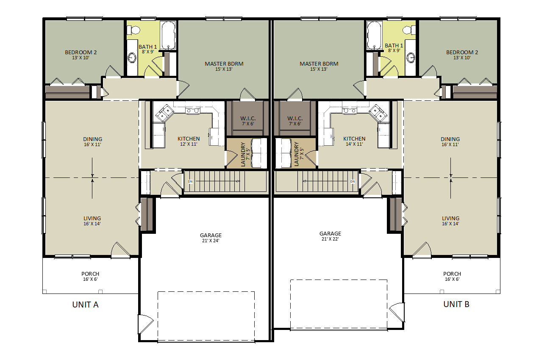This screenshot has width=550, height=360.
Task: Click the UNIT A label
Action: pos(85,305)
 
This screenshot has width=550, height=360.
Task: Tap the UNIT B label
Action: pos(456,304)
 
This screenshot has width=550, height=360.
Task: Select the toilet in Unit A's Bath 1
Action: pos(134,30)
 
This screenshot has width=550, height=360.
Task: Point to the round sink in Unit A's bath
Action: pos(132,58)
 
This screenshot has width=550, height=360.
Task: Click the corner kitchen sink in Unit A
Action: pos(164,113)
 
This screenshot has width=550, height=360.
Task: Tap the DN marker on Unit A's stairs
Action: pos(190,182)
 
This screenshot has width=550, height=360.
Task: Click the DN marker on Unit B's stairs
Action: pos(353,182)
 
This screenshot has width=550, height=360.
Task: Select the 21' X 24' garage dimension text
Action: pos(211,241)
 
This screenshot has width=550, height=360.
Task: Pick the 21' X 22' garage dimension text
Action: pos(330,239)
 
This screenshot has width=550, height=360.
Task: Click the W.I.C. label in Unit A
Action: pos(248,119)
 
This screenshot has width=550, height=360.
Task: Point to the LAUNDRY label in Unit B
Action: pos(296,154)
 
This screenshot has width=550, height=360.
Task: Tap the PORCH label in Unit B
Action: pos(452,274)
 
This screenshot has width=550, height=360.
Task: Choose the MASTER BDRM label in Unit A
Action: pos(224,64)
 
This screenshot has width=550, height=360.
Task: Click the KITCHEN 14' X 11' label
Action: pos(354,141)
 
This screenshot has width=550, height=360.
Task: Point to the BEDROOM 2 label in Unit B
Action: pos(462,52)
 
